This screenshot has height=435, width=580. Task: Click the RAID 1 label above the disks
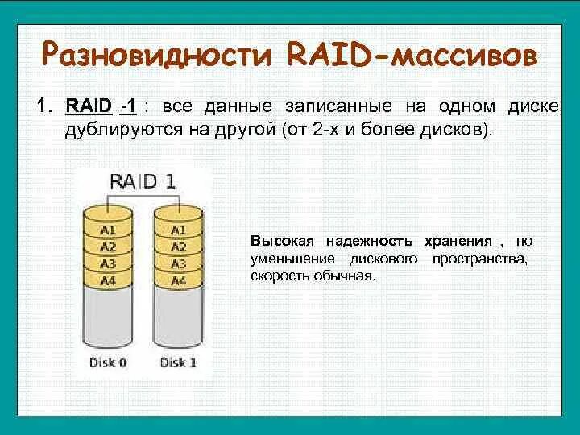coord(142,180)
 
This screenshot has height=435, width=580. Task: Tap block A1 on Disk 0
coord(108,230)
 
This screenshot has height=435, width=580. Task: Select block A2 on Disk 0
coord(108,246)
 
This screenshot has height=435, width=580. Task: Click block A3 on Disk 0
coord(108,263)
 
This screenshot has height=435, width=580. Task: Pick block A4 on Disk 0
coord(108,280)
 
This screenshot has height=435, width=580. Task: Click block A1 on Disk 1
coord(178,230)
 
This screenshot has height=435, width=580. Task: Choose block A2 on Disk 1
coord(178,246)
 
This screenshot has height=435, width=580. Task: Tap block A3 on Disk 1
coord(178,263)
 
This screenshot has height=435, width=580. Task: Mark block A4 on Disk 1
coord(178,280)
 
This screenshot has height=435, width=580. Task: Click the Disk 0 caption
coord(108,362)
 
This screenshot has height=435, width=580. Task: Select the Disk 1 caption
coord(178,362)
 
